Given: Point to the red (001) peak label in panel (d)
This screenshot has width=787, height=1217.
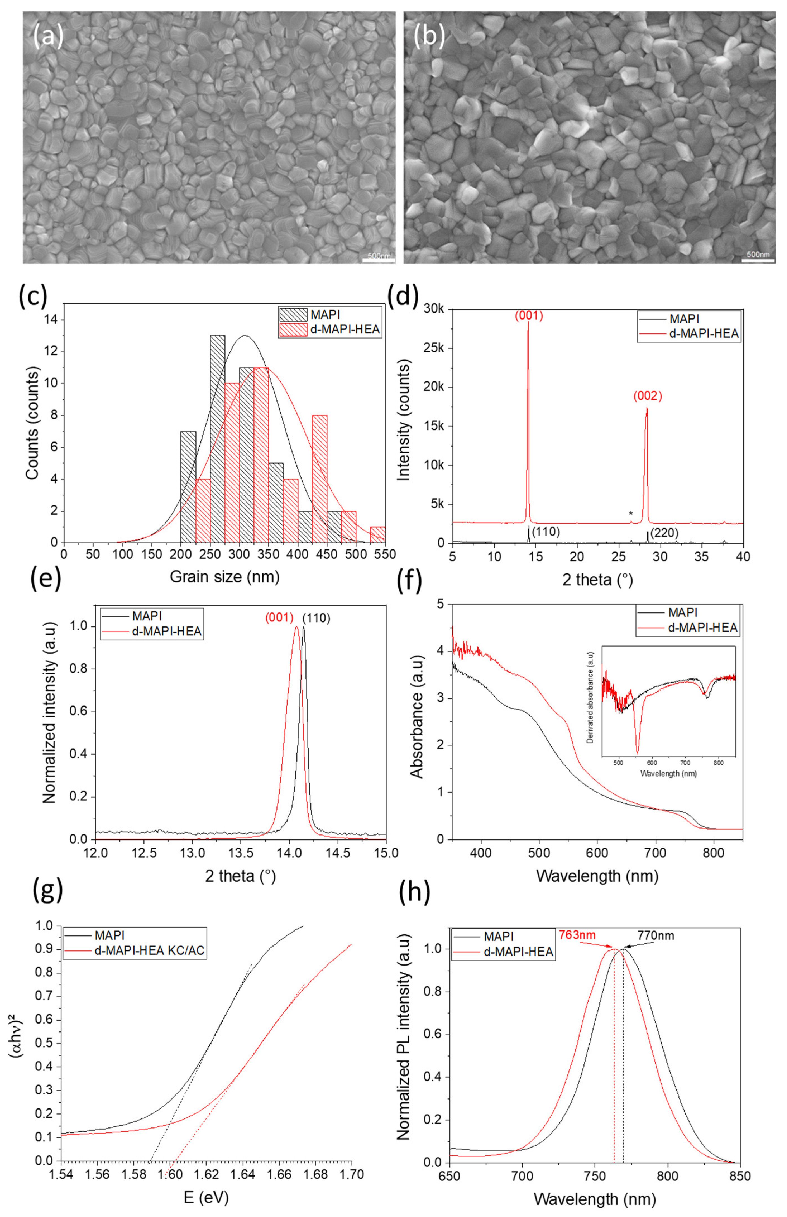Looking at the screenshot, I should [528, 316].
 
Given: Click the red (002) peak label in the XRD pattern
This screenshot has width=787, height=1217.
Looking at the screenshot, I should [647, 396].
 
